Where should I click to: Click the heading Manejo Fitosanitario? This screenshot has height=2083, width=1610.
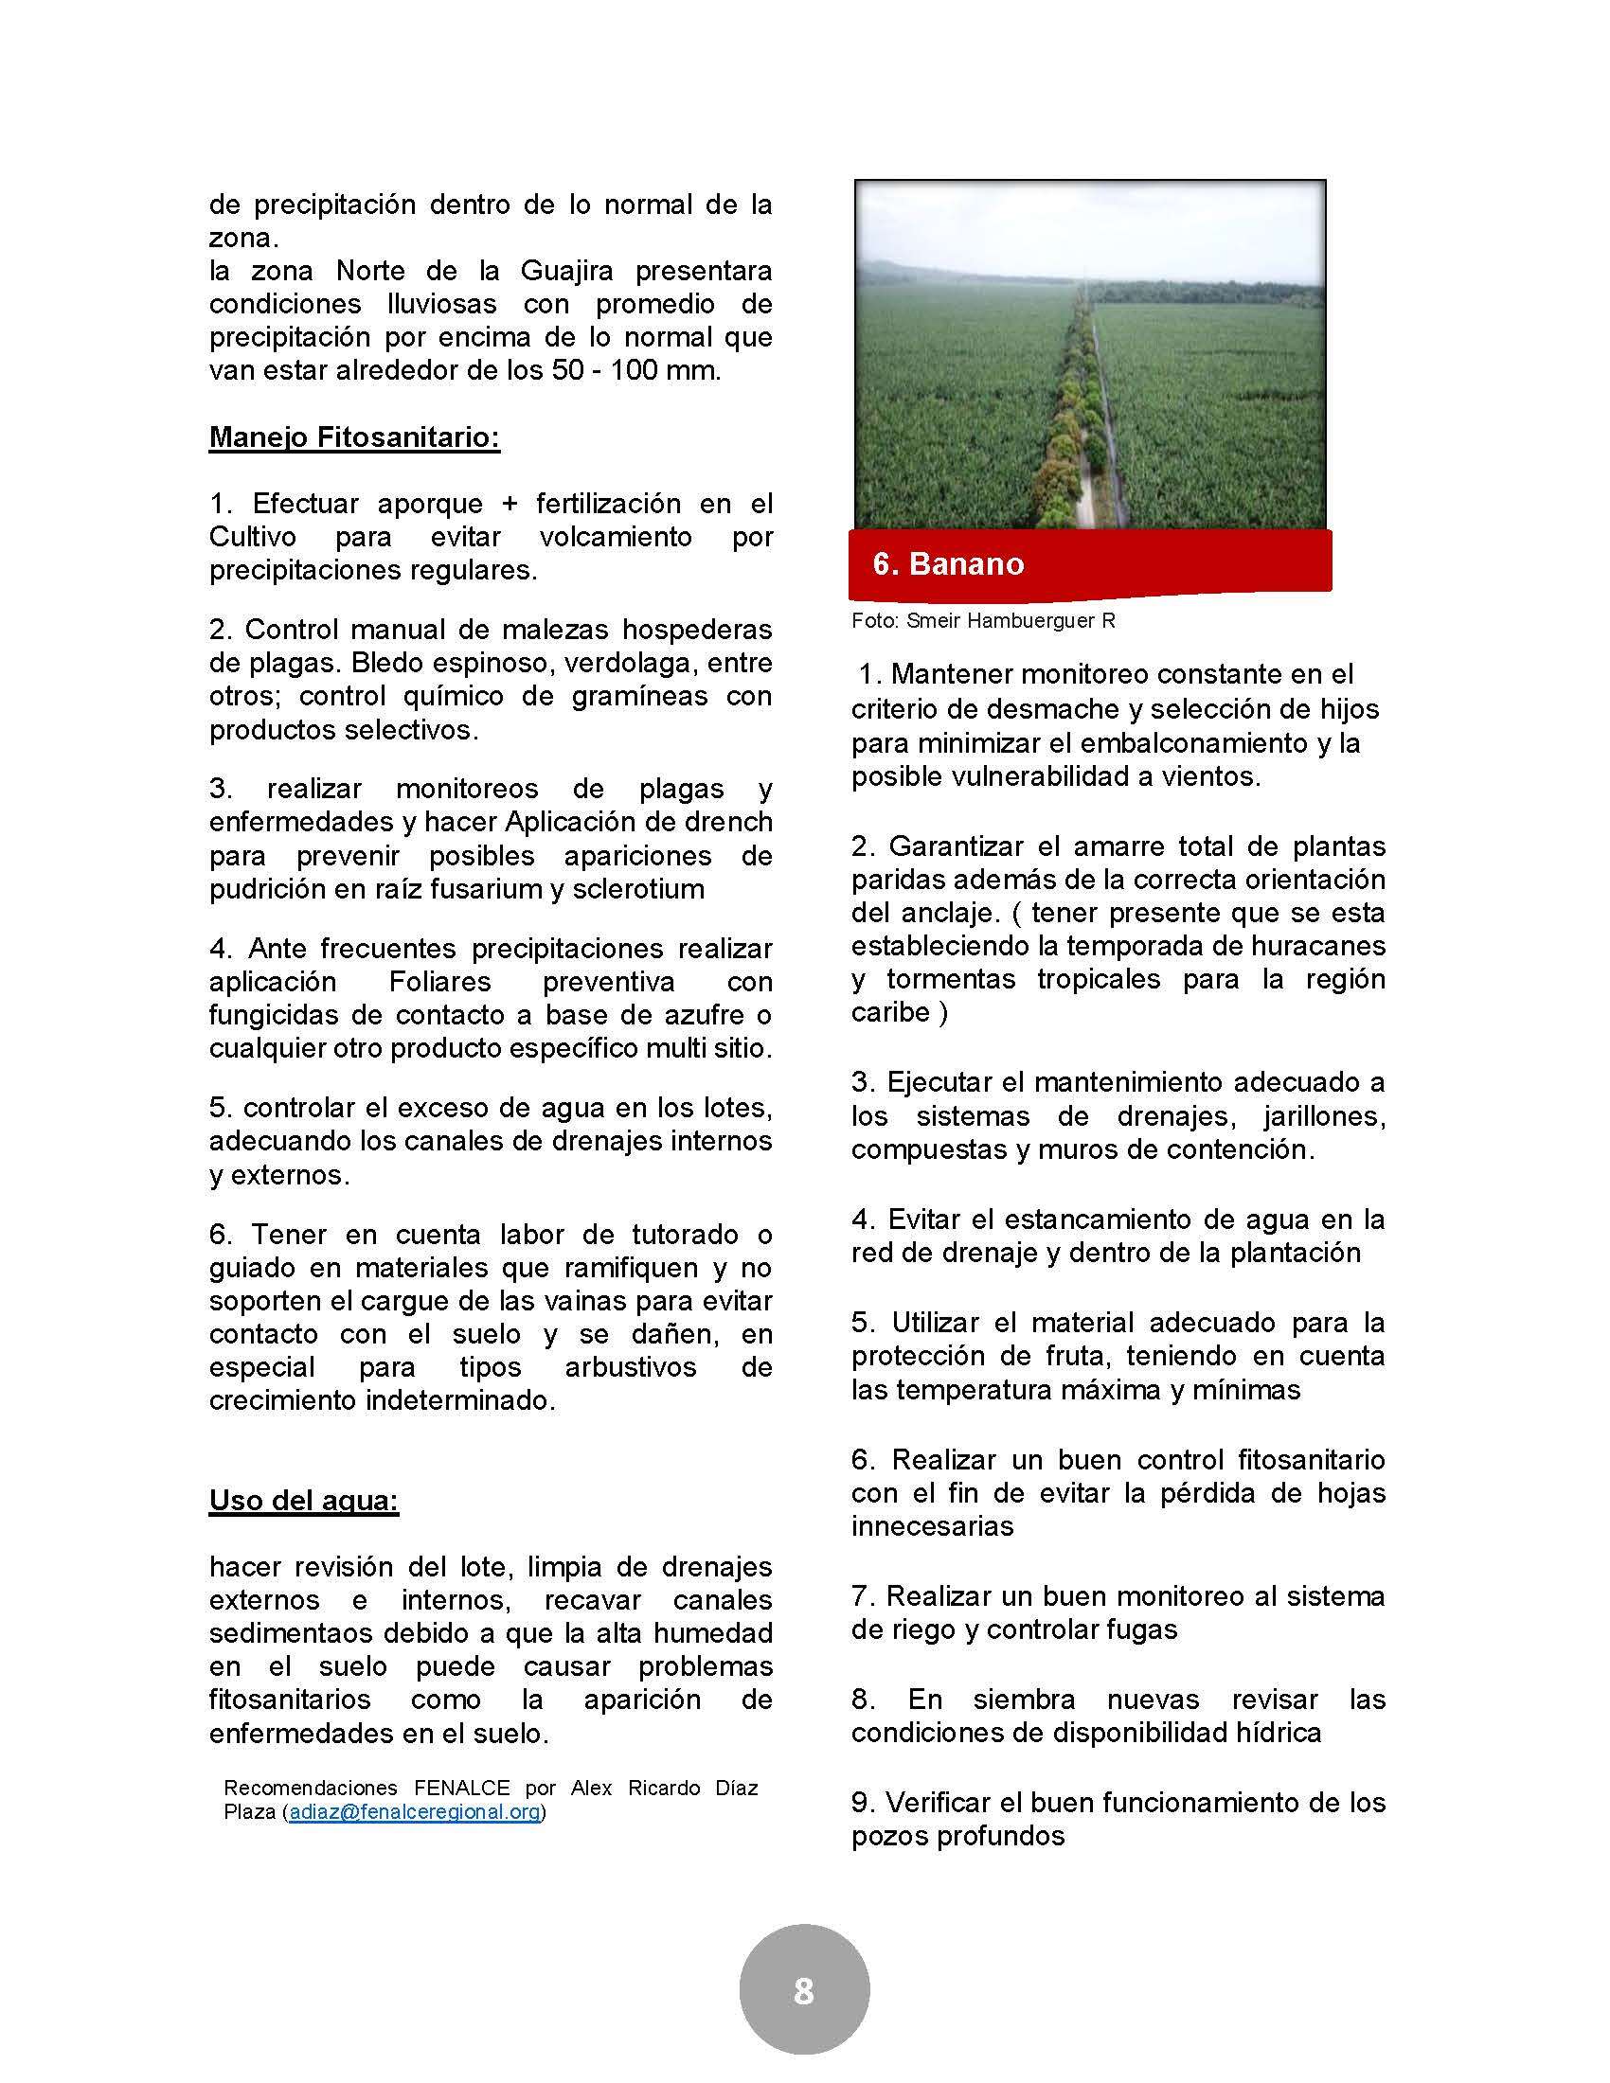(x=354, y=437)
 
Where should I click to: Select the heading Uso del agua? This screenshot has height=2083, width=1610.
(x=303, y=1501)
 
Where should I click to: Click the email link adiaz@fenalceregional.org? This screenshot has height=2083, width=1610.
(x=414, y=1812)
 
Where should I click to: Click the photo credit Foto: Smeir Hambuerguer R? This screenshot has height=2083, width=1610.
(x=982, y=621)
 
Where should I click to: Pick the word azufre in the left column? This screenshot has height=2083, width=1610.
(x=701, y=1015)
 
